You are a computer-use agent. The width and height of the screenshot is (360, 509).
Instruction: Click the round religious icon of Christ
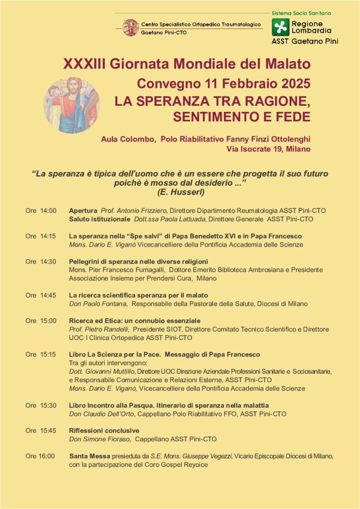(x=72, y=105)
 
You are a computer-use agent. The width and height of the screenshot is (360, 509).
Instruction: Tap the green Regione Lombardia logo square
(x=280, y=27)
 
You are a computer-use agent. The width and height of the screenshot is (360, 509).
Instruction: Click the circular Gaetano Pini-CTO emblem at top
(x=130, y=27)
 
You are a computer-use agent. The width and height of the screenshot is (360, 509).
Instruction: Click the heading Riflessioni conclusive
(x=104, y=430)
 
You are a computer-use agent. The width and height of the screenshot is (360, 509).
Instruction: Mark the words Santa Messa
(x=88, y=456)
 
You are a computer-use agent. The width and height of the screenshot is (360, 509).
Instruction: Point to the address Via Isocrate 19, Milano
(x=269, y=149)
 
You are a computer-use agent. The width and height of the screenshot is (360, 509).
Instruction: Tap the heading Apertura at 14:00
(x=83, y=211)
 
